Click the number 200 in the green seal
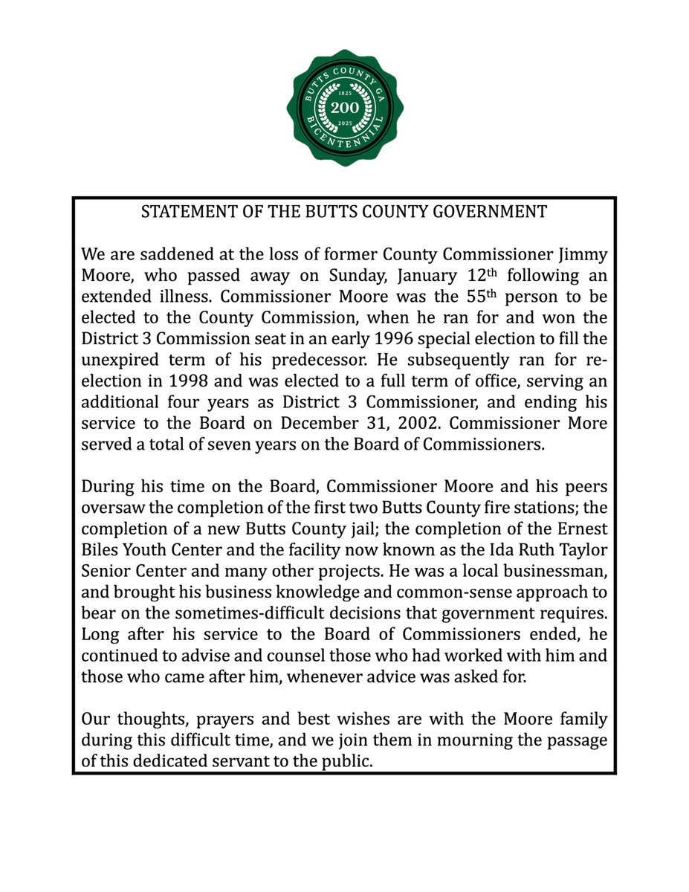point(344,109)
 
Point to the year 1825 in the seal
point(344,94)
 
